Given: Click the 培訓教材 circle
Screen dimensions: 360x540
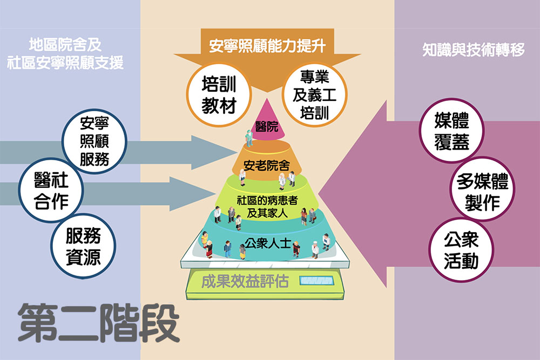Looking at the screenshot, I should click(x=219, y=93).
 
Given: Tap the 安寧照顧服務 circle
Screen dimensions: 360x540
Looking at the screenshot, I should click(x=94, y=141).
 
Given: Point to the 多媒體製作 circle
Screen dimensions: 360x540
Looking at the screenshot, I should click(x=480, y=193).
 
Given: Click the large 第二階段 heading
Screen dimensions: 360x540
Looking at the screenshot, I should click(x=98, y=323).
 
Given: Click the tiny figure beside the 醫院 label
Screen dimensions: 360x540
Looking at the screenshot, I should click(x=248, y=137).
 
